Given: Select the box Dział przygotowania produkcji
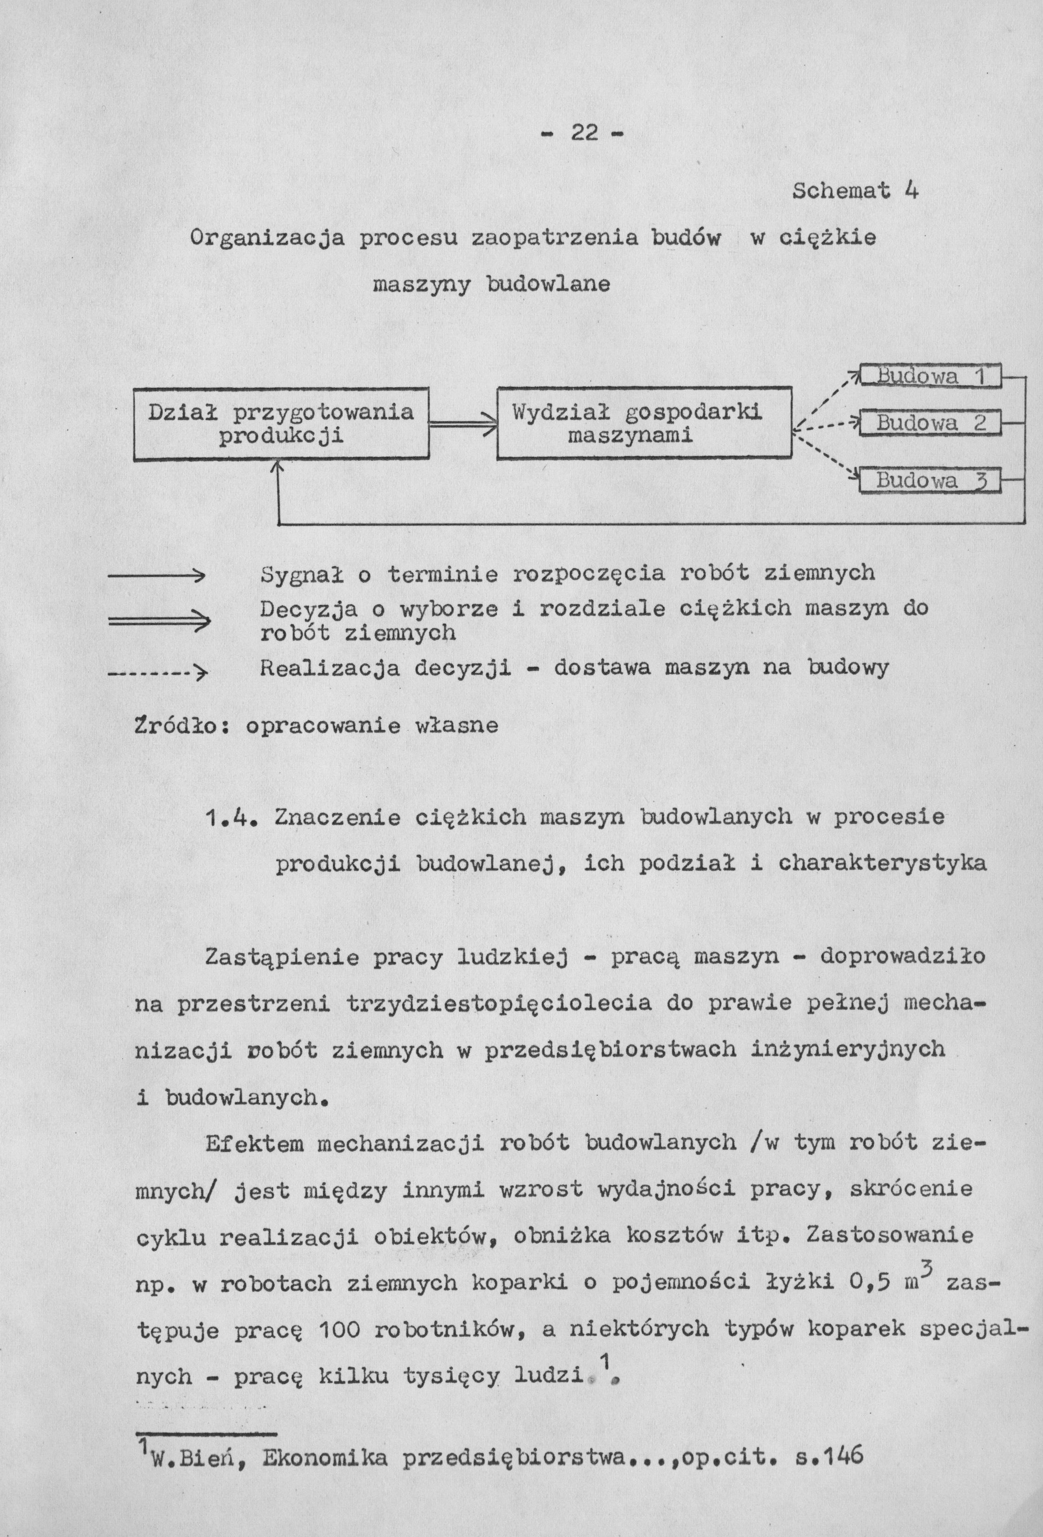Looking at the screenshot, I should tap(281, 424).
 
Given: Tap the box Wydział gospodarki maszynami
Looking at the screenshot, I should tap(644, 424).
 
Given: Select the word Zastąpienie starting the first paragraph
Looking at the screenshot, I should tap(282, 957).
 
